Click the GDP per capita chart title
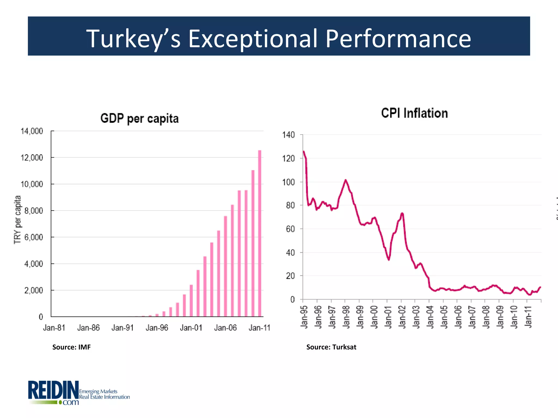(x=139, y=119)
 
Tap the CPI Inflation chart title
(x=414, y=113)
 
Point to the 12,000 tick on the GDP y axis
(x=32, y=158)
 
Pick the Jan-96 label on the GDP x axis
(x=157, y=328)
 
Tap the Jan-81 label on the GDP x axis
(x=54, y=328)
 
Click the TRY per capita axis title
(x=17, y=220)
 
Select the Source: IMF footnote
(x=71, y=347)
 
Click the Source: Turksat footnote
(x=331, y=347)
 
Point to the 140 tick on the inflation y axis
(x=288, y=135)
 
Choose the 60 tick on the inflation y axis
(x=290, y=229)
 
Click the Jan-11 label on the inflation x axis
(x=528, y=317)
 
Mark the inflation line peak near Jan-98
(x=345, y=180)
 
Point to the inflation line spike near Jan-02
(x=402, y=214)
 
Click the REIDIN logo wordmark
(x=53, y=391)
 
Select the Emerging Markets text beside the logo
(x=98, y=391)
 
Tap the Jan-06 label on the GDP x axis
(x=225, y=328)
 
